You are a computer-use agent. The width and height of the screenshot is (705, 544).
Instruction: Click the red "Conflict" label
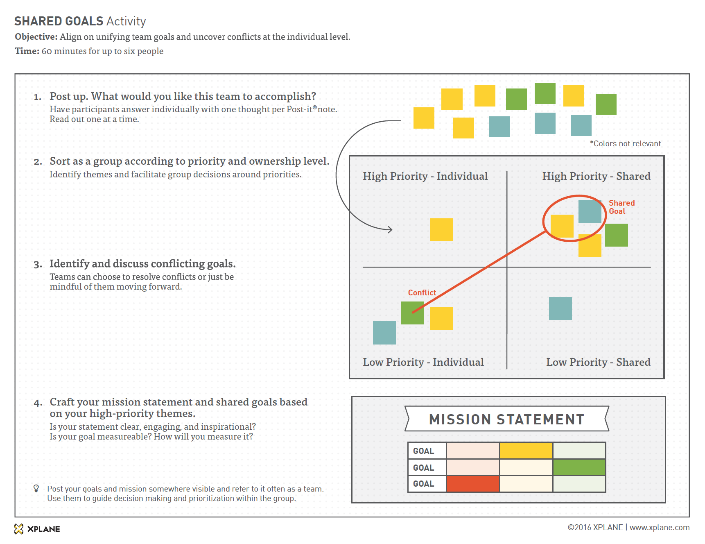tap(422, 292)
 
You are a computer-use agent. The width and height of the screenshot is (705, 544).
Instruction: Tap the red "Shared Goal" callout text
tap(621, 207)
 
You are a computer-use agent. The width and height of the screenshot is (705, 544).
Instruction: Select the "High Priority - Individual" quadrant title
tap(425, 176)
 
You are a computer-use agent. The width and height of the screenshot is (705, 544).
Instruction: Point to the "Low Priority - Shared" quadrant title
tap(598, 362)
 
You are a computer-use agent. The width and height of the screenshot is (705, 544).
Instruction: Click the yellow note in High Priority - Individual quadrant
tap(441, 230)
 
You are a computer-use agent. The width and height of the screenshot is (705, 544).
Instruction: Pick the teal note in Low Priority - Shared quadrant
tap(560, 308)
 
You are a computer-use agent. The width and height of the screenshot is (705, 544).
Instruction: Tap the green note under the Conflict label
tap(412, 313)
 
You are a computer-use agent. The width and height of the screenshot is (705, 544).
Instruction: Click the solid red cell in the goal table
tap(473, 484)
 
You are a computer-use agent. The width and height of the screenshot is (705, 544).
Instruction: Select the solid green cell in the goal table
tap(579, 467)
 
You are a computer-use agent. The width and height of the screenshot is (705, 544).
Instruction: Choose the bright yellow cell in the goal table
tap(526, 451)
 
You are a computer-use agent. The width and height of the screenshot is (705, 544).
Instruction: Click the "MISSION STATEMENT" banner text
tap(506, 419)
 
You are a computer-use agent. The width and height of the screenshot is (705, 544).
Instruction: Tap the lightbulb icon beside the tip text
tap(36, 488)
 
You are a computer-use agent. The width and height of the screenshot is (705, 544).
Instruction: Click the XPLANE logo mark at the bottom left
tap(19, 529)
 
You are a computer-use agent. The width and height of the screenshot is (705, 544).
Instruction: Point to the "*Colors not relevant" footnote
tap(625, 144)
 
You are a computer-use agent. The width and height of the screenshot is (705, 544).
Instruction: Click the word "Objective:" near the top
tap(36, 37)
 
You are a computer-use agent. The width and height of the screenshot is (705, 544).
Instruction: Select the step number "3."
tap(38, 265)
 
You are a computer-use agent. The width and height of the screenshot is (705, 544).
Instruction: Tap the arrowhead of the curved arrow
tap(390, 229)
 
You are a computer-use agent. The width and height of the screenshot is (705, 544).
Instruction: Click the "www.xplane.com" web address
tap(659, 528)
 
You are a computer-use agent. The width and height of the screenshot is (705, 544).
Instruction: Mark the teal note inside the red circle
tap(590, 211)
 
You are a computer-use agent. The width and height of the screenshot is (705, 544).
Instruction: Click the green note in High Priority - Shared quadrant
tap(616, 235)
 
